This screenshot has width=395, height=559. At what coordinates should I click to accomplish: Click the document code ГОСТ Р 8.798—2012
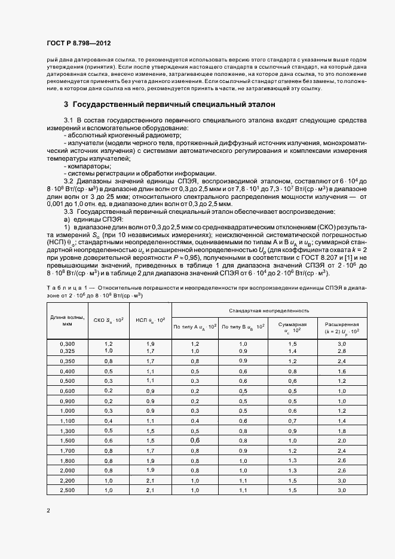[78, 44]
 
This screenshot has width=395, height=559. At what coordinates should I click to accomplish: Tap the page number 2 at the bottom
[48, 510]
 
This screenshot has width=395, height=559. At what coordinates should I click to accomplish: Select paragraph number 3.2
[68, 180]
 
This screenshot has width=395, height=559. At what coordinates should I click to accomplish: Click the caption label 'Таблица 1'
[64, 288]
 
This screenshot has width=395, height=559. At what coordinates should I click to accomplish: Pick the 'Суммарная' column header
[292, 327]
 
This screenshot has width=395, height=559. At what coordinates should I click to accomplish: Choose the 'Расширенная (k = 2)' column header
[342, 327]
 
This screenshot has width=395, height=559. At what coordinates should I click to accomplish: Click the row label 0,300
[68, 344]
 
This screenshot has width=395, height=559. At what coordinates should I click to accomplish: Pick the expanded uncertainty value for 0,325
[342, 351]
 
